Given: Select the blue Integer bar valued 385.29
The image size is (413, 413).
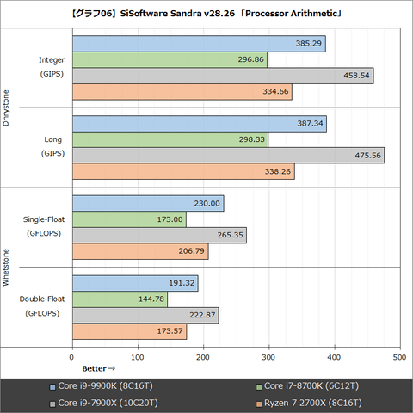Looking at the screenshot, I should click(x=199, y=44).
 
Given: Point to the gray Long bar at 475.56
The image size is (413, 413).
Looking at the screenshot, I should click(x=228, y=156).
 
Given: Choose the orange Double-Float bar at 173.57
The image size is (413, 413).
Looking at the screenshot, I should click(x=129, y=332).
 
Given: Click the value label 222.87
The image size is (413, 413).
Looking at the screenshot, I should click(x=203, y=316).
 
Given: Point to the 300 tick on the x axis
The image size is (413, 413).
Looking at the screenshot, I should click(x=269, y=356).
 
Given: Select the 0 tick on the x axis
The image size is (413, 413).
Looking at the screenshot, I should click(x=72, y=356).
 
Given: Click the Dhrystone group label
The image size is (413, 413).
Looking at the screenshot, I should click(x=7, y=108).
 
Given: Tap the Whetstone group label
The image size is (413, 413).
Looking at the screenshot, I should click(x=7, y=268).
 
